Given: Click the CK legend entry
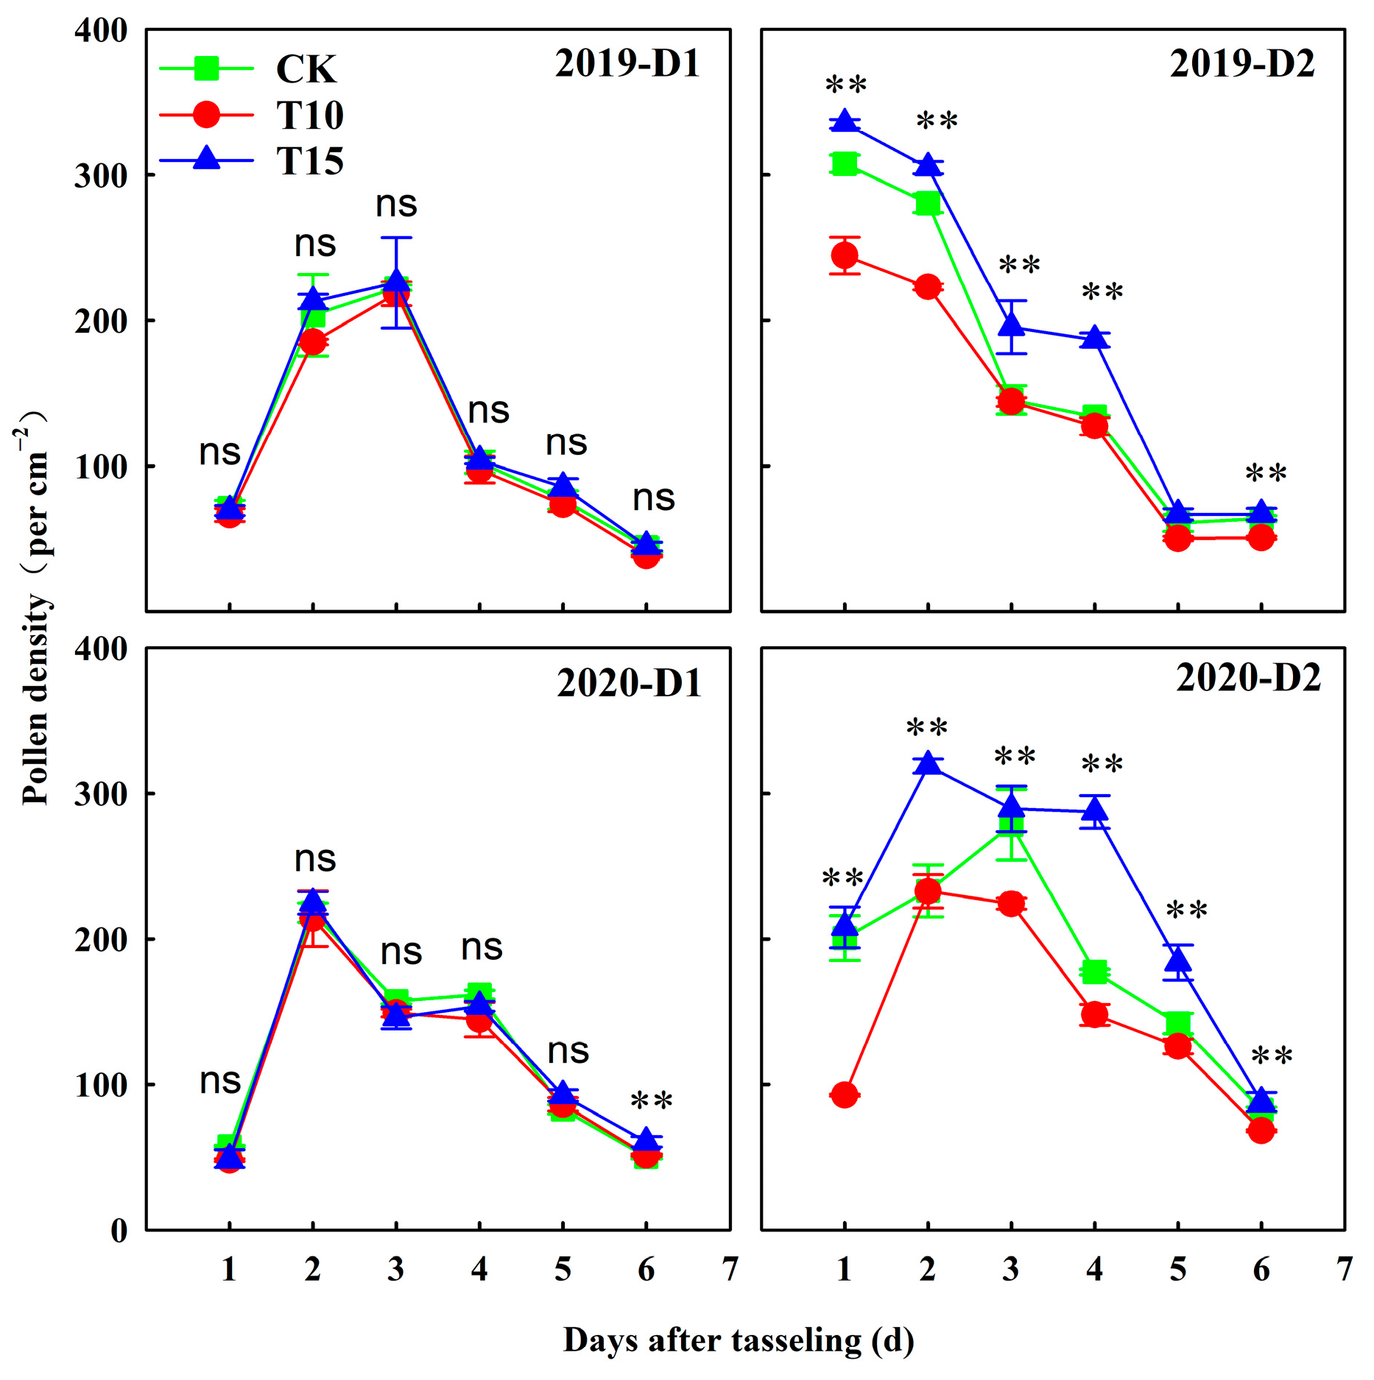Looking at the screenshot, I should point(306,69).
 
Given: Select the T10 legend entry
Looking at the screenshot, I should point(309,116).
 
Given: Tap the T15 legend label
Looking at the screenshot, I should point(309,161).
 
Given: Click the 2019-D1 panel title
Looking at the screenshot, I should point(627,63).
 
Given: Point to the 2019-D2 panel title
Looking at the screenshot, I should point(1241,64).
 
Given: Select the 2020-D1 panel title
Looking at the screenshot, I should point(628,683).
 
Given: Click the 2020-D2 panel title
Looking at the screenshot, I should point(1247,678).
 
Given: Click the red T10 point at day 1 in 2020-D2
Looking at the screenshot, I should point(844,1095).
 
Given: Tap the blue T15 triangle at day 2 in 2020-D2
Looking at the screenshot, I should point(928,764).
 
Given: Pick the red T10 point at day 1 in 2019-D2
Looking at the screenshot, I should point(844,255).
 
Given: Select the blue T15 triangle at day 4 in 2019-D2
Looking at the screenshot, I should point(1094,338).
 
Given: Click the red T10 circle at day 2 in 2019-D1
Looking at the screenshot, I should point(313,342).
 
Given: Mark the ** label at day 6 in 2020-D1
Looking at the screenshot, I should point(651,1102).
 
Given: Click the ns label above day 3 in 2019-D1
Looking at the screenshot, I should point(396,204).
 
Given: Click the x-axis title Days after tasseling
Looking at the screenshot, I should point(739,1340).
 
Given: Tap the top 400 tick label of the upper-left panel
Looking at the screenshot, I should point(101,31).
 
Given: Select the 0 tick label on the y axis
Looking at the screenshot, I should point(118,1230).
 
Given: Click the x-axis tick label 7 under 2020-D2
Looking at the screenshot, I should point(1344,1269).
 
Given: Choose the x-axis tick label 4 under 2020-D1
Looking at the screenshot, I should point(479,1269).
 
